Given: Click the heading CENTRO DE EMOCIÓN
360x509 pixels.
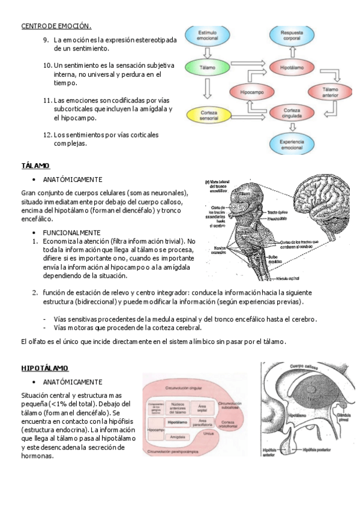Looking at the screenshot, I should point(56,26).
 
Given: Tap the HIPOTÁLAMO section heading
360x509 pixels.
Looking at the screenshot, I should point(44,368).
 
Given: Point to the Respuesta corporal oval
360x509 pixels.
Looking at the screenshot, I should point(292,35).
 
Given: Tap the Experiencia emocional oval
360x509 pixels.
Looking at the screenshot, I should point(292,143).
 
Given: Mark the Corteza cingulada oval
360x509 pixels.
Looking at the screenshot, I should point(292,114).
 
